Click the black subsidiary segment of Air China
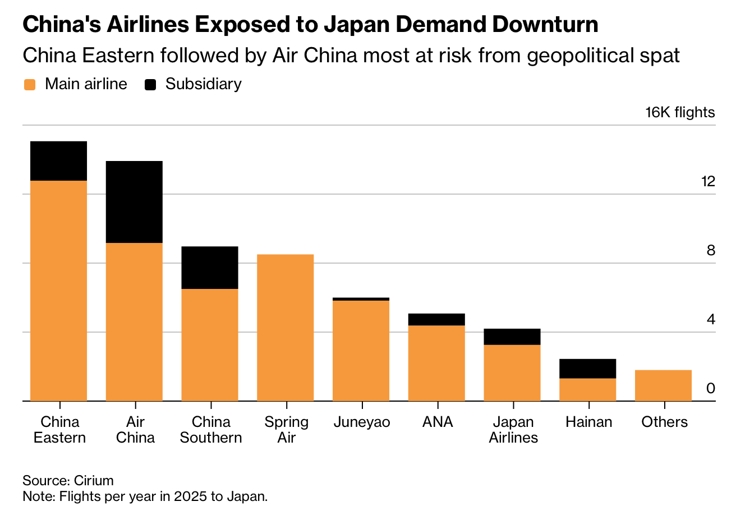click(x=134, y=202)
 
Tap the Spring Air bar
click(x=285, y=328)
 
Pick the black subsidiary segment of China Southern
click(x=210, y=268)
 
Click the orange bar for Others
click(x=663, y=385)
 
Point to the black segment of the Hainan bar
click(x=587, y=369)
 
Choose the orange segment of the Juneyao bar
click(x=361, y=351)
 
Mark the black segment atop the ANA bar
click(x=436, y=319)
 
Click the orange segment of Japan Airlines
click(x=512, y=372)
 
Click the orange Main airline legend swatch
click(x=30, y=85)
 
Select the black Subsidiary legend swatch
click(x=150, y=85)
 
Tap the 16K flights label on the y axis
click(x=680, y=112)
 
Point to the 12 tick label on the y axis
click(x=708, y=181)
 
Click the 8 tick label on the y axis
click(x=711, y=250)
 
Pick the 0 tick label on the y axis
click(x=711, y=388)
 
